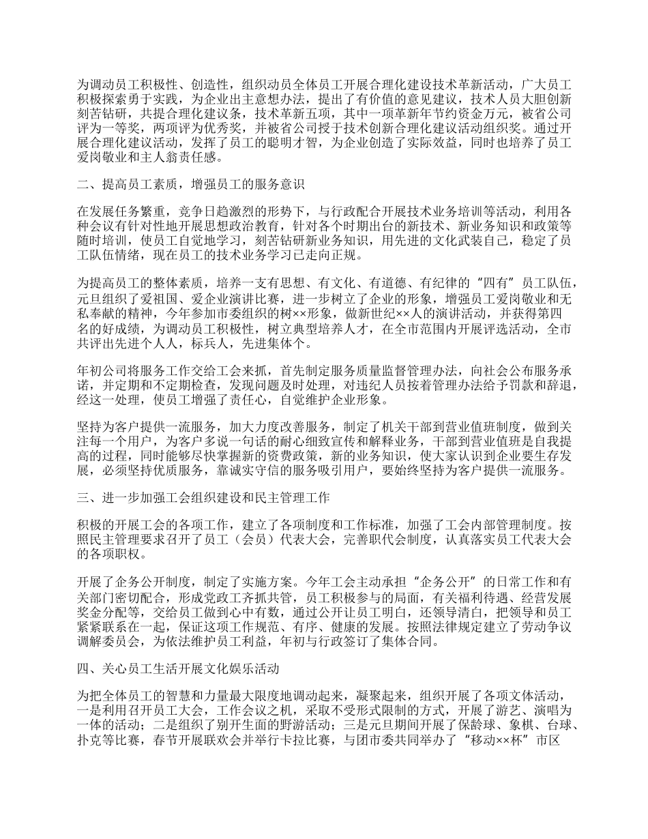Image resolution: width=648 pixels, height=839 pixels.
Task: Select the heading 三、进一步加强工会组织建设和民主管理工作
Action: [x=203, y=498]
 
